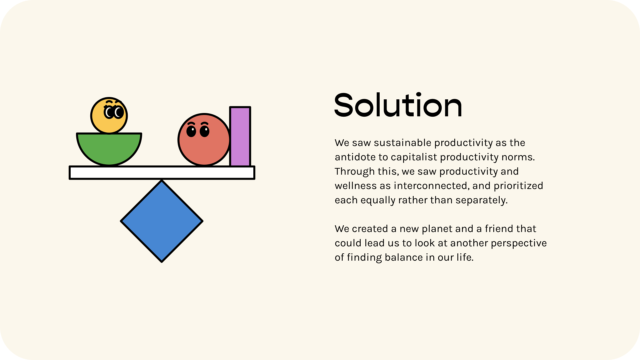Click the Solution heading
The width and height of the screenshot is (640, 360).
398,105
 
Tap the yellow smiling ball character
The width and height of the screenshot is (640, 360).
109,116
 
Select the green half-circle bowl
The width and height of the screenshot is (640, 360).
109,149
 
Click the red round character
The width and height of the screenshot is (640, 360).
204,140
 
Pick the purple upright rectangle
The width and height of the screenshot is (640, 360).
240,136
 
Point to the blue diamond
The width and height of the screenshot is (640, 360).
162,221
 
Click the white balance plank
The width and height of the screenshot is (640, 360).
162,173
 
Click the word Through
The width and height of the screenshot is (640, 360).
355,172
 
